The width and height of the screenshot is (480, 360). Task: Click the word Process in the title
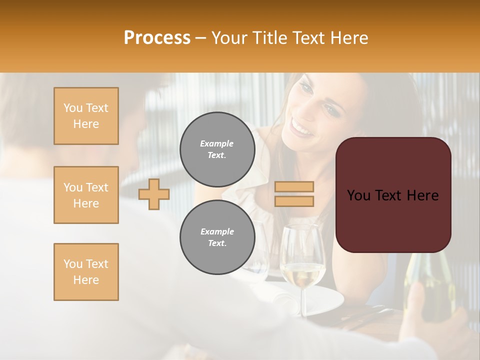(x=157, y=38)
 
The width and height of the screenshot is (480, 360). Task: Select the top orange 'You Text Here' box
(x=86, y=116)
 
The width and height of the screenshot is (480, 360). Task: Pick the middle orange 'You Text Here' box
(x=86, y=195)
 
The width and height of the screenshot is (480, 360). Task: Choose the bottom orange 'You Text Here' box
(x=86, y=272)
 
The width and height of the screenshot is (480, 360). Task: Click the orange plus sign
(x=154, y=194)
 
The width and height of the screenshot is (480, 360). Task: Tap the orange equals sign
(x=294, y=194)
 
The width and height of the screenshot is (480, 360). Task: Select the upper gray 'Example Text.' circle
(x=217, y=149)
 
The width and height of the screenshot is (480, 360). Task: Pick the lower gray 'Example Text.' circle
(x=217, y=237)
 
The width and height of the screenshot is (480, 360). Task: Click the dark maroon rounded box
(x=393, y=195)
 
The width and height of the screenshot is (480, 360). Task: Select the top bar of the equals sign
(x=294, y=187)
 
